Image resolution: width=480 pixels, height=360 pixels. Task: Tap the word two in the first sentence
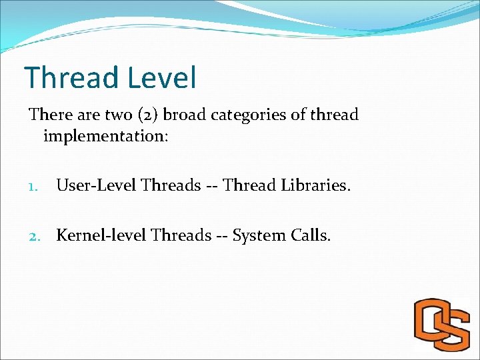coord(118,115)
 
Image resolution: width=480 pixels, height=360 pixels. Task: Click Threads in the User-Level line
coord(167,185)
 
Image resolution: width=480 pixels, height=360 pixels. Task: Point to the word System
coord(260,235)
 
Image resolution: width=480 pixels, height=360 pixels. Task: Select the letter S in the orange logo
coord(453,328)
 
